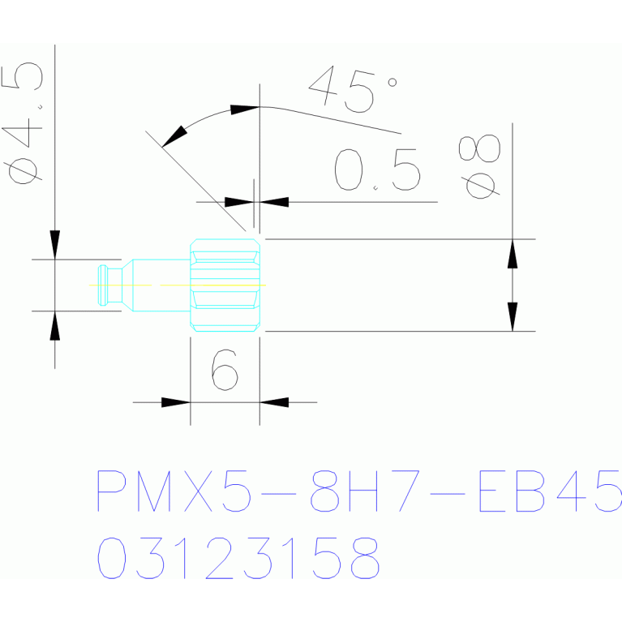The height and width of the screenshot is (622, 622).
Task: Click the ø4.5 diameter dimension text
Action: [x=22, y=123]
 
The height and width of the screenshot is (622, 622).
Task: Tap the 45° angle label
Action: [x=353, y=90]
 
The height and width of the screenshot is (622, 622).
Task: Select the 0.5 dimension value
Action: [x=377, y=169]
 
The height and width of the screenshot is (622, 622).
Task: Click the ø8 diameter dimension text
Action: [x=479, y=166]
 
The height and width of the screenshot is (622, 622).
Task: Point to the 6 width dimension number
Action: [x=225, y=370]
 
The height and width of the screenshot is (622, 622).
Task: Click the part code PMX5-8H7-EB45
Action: [x=359, y=491]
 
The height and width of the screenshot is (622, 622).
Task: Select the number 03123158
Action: [x=238, y=558]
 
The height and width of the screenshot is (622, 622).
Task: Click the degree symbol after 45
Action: [x=393, y=82]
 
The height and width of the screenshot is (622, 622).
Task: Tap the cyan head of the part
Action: [x=225, y=285]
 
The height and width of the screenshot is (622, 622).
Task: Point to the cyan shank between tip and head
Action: [x=157, y=285]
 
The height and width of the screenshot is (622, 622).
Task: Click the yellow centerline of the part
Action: [x=178, y=285]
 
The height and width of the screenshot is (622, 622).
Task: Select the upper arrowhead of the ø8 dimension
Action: [x=513, y=254]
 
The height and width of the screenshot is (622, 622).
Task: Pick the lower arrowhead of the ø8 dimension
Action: [x=513, y=316]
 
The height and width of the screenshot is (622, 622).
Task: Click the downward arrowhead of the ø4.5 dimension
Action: [x=55, y=245]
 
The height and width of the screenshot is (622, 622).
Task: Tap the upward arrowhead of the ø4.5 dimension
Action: [x=55, y=326]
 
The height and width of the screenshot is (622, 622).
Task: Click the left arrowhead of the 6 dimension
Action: [x=176, y=402]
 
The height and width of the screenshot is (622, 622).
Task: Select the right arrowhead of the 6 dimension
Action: [x=274, y=402]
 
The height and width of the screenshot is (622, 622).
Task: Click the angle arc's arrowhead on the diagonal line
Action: [x=174, y=136]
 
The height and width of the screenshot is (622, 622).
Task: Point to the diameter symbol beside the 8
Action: [x=480, y=186]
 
